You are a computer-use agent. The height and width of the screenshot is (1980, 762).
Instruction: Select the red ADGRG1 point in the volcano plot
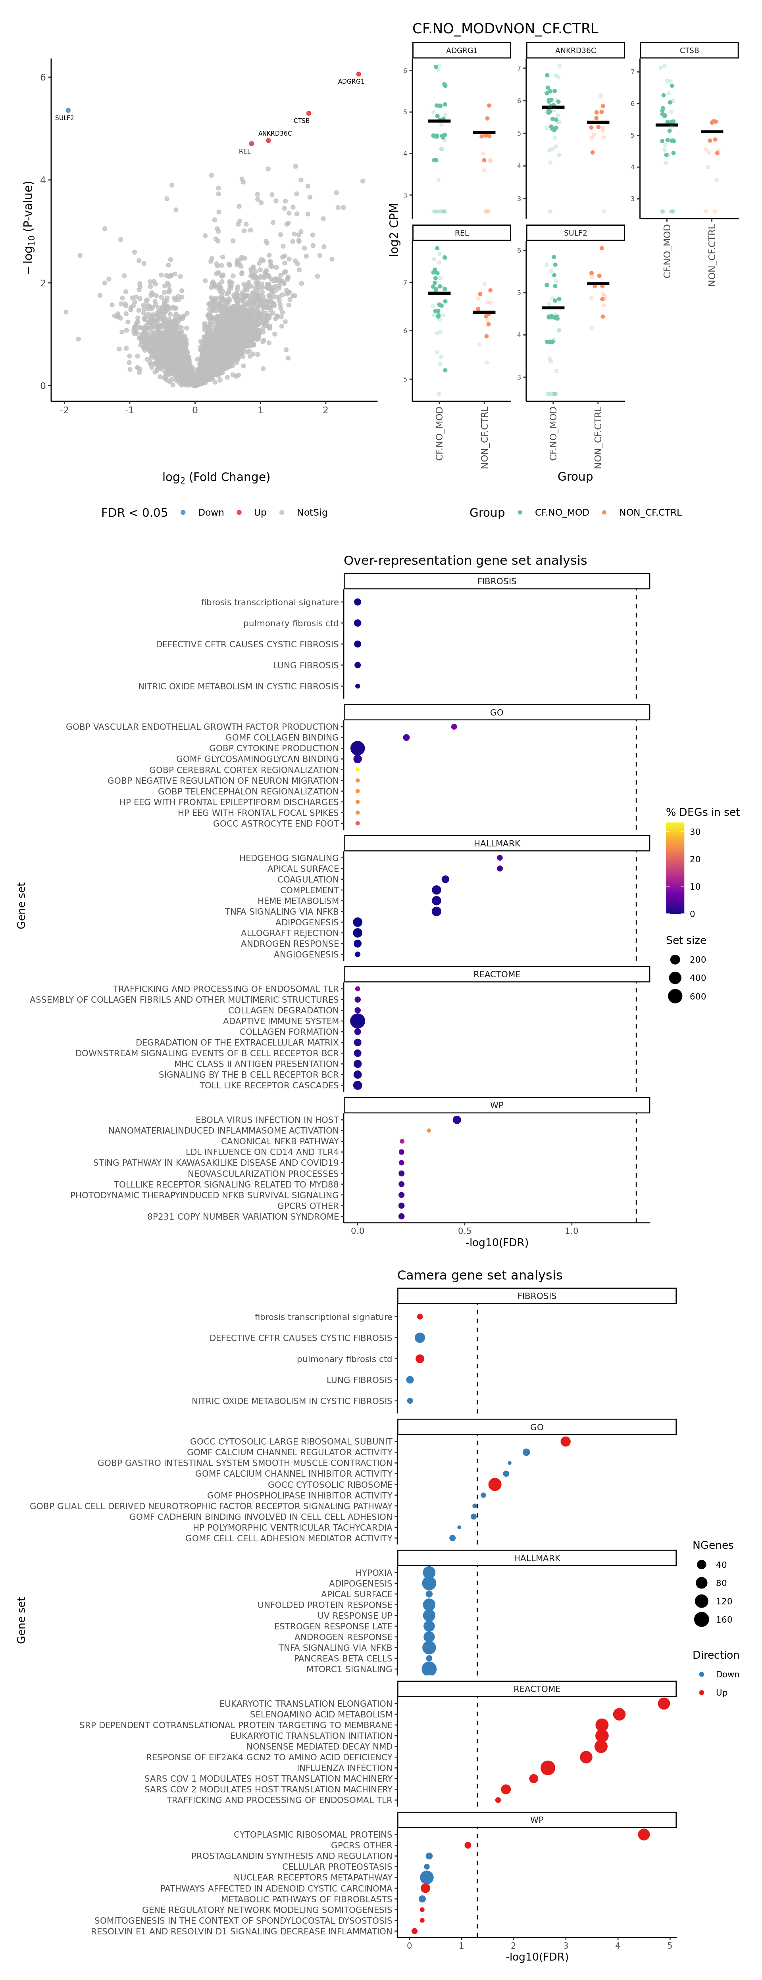pos(358,74)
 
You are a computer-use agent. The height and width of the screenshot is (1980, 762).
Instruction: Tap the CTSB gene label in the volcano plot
pos(301,121)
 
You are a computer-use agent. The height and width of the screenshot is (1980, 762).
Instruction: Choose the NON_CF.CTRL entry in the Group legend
pos(650,513)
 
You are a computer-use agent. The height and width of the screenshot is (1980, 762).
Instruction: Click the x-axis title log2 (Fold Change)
pos(216,477)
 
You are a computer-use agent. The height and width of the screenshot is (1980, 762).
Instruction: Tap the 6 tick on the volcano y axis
pos(43,77)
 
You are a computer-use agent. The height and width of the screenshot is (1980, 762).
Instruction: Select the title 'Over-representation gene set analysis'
pos(465,560)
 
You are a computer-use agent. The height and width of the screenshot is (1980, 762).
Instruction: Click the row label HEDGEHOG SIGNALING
pos(289,858)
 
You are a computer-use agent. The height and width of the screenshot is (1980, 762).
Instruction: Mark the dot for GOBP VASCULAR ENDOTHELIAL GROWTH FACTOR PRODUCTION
pos(454,726)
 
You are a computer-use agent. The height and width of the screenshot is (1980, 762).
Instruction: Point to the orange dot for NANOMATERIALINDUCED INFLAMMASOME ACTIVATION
pos(428,1131)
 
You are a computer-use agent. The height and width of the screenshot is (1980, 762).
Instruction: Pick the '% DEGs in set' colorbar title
pos(702,812)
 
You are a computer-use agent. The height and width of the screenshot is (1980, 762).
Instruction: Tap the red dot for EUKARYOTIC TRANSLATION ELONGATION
pos(664,1703)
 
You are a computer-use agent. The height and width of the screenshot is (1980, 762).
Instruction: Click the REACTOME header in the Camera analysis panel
pos(537,1689)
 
